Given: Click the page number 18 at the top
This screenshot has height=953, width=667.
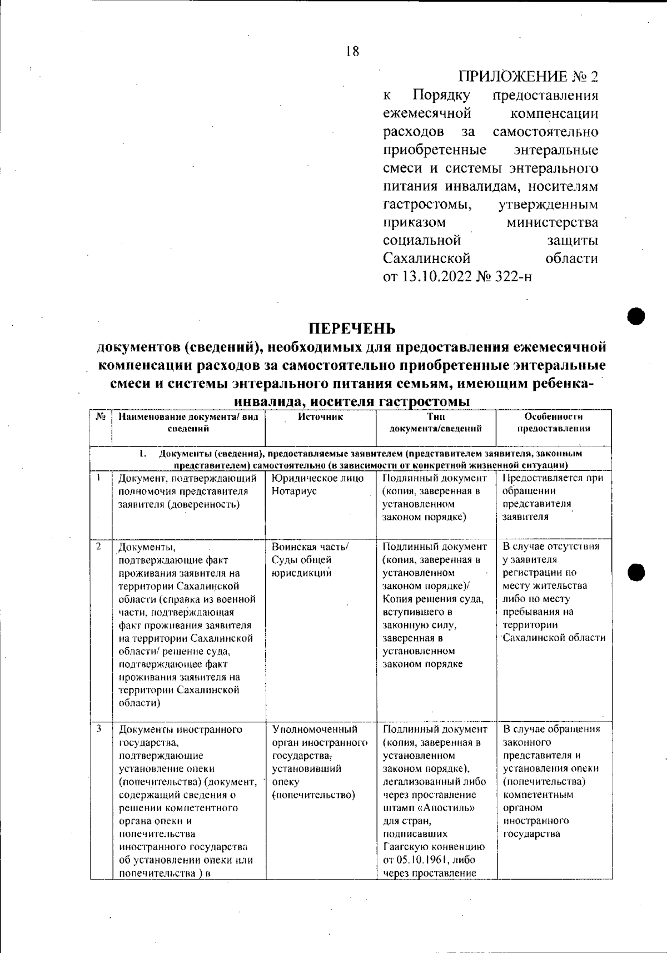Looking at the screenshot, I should click(x=352, y=52).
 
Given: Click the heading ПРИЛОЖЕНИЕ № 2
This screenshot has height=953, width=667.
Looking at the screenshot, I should click(x=528, y=76).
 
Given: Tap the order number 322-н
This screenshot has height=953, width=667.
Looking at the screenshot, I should click(x=512, y=276).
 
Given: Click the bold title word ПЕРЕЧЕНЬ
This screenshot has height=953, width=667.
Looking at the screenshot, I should click(x=352, y=328).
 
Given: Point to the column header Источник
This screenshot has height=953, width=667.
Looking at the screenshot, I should click(x=320, y=416).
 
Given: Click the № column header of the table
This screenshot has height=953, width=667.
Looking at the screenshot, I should click(x=101, y=416).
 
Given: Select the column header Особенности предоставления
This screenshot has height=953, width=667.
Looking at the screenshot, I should click(x=553, y=423).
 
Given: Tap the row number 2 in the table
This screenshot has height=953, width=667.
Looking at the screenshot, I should click(x=98, y=546).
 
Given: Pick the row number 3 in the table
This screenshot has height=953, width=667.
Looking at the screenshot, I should click(x=98, y=728).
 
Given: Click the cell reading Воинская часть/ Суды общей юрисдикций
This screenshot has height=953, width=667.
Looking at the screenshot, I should click(x=309, y=560).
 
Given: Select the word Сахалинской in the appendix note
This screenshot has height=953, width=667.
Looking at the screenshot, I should click(x=427, y=259).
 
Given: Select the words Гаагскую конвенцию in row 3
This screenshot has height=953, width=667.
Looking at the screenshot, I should click(x=434, y=847).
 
